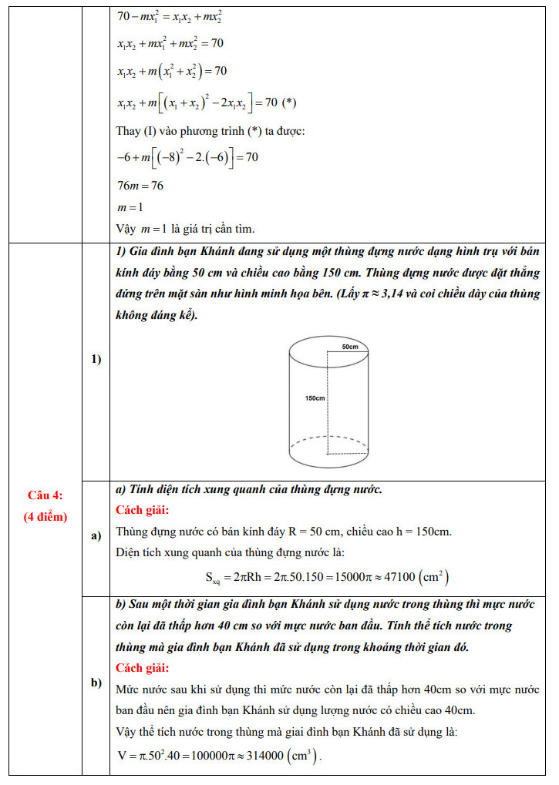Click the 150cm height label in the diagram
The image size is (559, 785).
coord(315,398)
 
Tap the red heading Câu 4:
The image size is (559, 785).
coord(45,495)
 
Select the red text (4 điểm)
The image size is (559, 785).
coord(45,516)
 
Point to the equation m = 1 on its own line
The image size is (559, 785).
coord(130,207)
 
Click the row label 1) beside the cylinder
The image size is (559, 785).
coord(96,359)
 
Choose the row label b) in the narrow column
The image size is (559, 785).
coord(96,683)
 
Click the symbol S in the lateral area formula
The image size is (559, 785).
coord(210,576)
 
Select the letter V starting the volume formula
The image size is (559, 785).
coord(122,755)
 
